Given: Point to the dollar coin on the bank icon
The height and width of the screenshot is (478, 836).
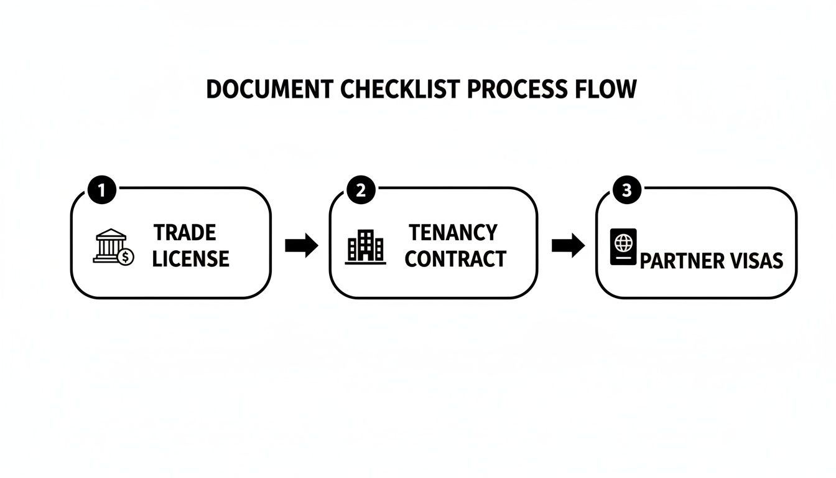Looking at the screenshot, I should (126, 256).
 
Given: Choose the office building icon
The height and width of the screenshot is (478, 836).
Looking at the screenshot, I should (365, 246).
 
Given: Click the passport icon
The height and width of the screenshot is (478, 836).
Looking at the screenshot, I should (623, 246).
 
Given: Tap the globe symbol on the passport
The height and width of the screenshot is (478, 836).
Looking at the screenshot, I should (623, 240).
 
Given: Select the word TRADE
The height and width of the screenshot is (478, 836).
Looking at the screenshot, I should (185, 233).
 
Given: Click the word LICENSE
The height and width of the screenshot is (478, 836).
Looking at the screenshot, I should (191, 259).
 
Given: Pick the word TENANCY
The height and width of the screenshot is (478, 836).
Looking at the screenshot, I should (453, 233).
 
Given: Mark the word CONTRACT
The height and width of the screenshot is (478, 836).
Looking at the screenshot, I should (455, 259).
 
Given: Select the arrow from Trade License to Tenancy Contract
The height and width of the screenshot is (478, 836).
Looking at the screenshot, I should (301, 246).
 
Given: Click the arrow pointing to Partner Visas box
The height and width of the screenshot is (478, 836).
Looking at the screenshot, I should (568, 246).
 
